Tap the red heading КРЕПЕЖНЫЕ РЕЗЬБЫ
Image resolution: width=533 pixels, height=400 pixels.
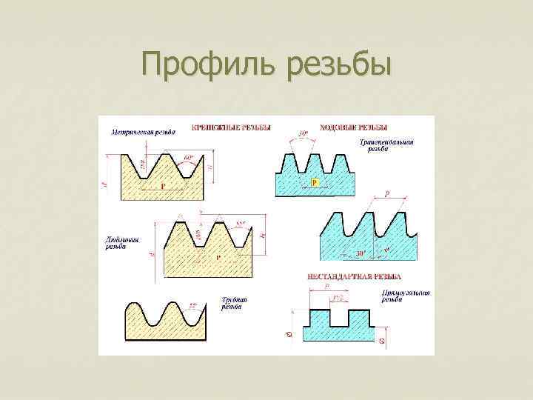coord(230,127)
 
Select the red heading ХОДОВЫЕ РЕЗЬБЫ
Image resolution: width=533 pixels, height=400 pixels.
coord(353,127)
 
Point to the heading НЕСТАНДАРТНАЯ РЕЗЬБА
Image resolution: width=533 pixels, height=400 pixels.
coord(354,277)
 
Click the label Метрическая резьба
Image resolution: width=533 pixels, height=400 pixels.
coord(144,133)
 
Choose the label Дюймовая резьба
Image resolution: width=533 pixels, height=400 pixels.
coord(116,243)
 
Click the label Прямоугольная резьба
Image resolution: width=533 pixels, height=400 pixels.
coord(405,298)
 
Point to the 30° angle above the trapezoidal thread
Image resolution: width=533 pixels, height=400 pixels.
coord(304,134)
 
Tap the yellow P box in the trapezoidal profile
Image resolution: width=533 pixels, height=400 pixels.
coord(314,181)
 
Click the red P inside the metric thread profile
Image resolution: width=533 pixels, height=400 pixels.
coord(163,186)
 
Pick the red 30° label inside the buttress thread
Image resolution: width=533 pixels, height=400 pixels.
coord(361,253)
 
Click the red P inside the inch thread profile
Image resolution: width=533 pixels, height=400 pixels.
coord(218,258)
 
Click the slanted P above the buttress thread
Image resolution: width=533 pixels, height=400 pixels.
coord(386,193)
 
